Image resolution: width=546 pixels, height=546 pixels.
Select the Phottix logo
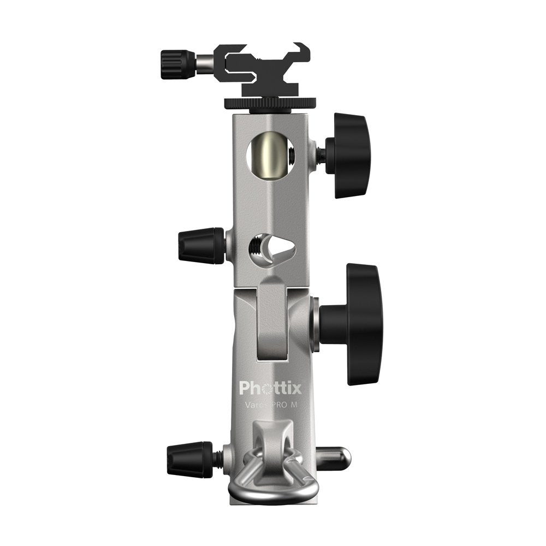(270, 388)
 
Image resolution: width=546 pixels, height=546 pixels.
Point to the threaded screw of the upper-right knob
(321, 154)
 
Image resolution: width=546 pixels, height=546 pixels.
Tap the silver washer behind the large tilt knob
(314, 324)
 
